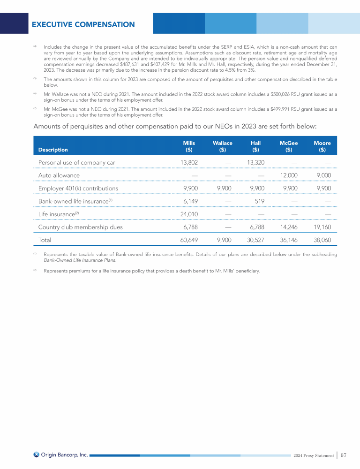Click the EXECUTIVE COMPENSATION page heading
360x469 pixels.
point(83,24)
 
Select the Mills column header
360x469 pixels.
point(189,146)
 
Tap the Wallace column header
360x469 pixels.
point(223,146)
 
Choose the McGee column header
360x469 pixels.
point(289,146)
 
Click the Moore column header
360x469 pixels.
point(322,146)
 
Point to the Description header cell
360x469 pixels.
point(53,150)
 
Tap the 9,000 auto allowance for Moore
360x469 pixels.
point(323,175)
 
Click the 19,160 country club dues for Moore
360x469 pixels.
point(321,227)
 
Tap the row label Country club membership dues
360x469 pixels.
point(80,227)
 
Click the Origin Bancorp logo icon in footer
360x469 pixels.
point(37,454)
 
